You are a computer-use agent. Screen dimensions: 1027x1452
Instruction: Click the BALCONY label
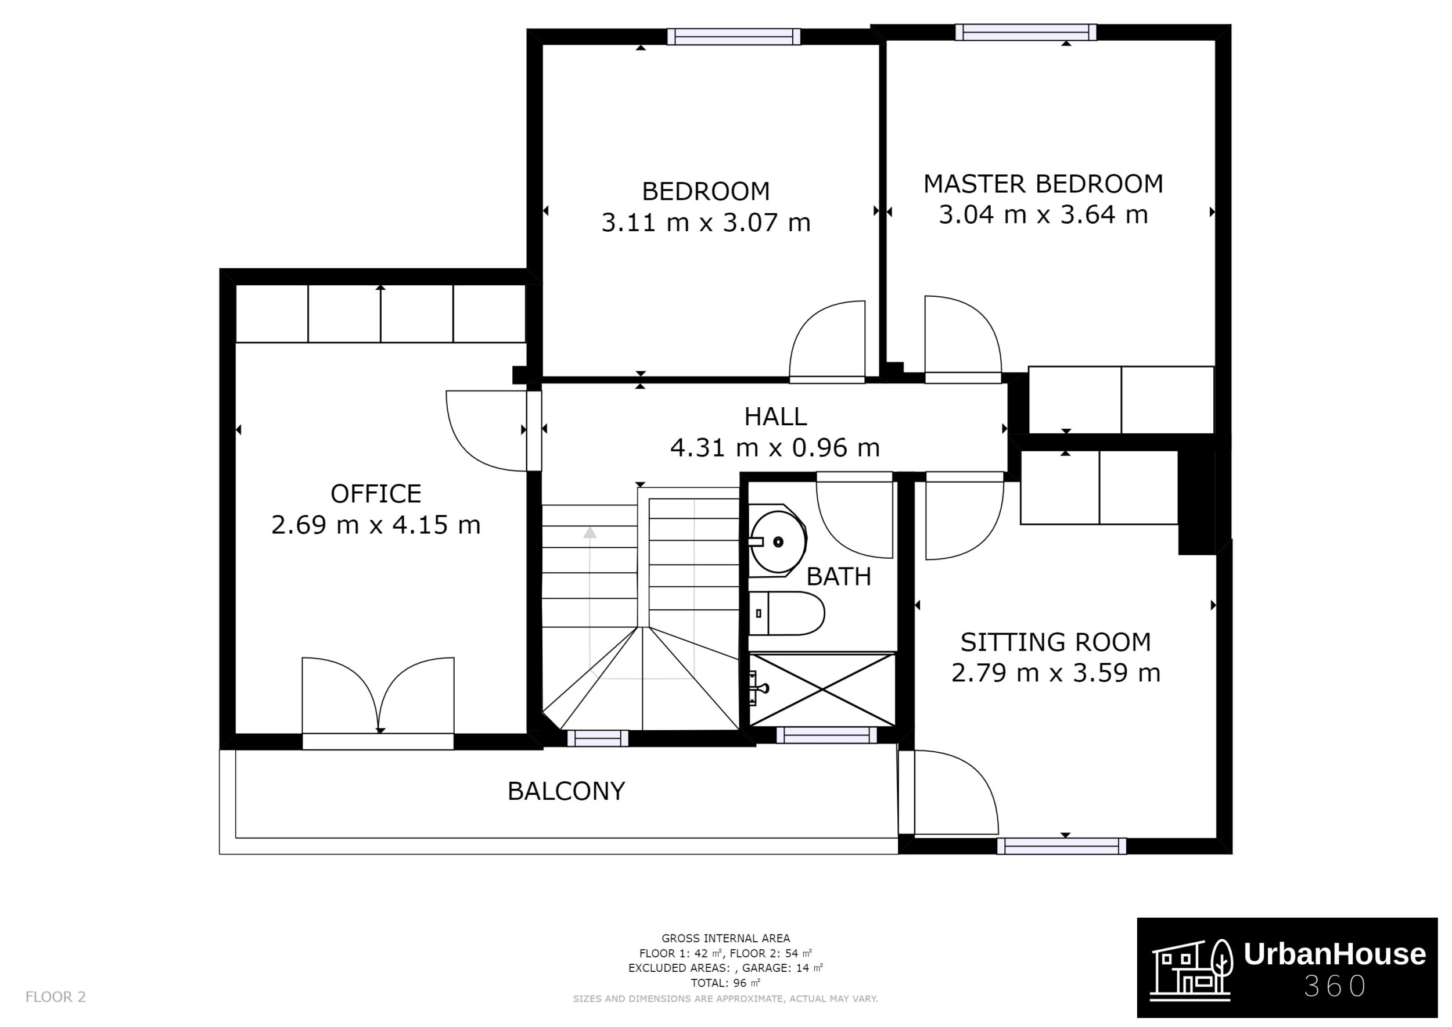point(566,791)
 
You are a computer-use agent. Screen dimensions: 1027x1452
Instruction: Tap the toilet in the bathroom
point(788,613)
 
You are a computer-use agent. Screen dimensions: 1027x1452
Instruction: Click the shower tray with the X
point(822,690)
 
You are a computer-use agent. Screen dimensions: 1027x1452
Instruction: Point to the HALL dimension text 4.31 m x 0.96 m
point(775,448)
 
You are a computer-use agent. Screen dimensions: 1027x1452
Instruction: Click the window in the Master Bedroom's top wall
point(1025,33)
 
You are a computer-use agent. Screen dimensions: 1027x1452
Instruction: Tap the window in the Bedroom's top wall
point(734,37)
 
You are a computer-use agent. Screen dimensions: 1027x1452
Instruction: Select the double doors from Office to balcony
point(378,702)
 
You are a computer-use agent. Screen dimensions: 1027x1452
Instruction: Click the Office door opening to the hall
point(487,430)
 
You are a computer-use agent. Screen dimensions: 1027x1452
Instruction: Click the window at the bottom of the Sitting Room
point(1062,846)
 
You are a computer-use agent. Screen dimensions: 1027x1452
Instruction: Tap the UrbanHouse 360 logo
point(1287,968)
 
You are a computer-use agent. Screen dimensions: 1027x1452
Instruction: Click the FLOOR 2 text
point(56,997)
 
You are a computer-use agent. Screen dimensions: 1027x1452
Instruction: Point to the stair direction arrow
point(590,533)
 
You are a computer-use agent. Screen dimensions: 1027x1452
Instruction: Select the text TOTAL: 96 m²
point(725,983)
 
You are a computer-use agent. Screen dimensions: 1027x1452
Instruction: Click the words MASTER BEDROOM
point(1043,184)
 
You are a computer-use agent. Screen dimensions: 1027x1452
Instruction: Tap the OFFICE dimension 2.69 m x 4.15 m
point(376,525)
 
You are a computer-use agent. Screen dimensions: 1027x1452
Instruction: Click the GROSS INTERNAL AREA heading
point(725,939)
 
